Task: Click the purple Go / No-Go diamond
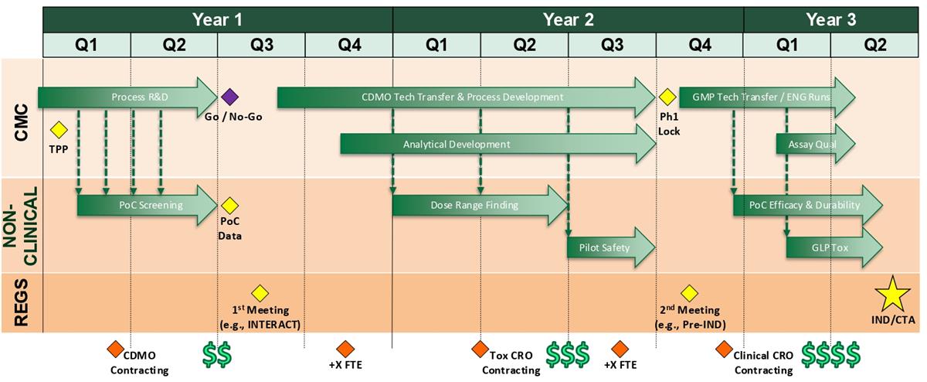click(229, 97)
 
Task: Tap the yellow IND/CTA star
click(893, 295)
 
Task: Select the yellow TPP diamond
click(59, 130)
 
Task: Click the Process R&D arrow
click(127, 97)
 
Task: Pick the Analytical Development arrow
click(497, 144)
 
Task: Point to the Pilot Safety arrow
click(611, 247)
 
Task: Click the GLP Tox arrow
click(834, 247)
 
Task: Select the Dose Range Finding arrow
click(480, 205)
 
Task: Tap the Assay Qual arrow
click(815, 144)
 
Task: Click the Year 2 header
click(569, 19)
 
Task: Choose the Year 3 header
click(831, 19)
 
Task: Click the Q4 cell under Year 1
click(349, 45)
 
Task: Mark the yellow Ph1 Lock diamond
click(667, 97)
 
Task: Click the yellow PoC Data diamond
click(229, 206)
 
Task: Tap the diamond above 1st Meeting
click(260, 293)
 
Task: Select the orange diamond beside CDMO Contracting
click(115, 350)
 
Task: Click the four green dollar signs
click(830, 355)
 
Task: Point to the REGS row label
click(22, 302)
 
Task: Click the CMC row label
click(22, 122)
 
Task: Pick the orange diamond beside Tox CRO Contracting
click(480, 350)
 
